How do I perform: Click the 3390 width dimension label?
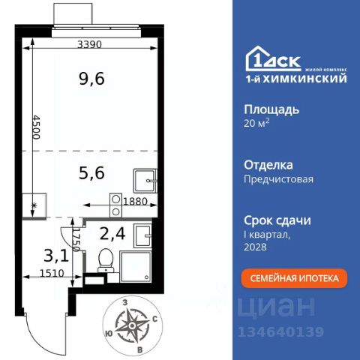[x=89, y=44]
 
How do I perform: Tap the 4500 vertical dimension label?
[x=37, y=127]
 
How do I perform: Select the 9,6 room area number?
[x=91, y=79]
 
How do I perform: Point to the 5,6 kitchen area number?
[x=91, y=173]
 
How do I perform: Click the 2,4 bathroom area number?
[x=112, y=234]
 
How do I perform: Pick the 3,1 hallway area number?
[x=56, y=256]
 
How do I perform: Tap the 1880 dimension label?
[x=136, y=201]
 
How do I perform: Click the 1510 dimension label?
[x=52, y=273]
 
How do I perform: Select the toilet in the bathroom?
[x=106, y=260]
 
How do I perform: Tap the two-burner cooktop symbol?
[x=115, y=205]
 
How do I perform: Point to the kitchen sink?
[x=145, y=181]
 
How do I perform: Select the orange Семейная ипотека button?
[x=294, y=278]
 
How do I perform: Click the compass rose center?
[x=132, y=325]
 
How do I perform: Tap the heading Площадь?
[x=271, y=110]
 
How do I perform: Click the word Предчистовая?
[x=278, y=179]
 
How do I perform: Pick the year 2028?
[x=255, y=247]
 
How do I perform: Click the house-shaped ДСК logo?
[x=273, y=59]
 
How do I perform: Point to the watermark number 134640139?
[x=280, y=332]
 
